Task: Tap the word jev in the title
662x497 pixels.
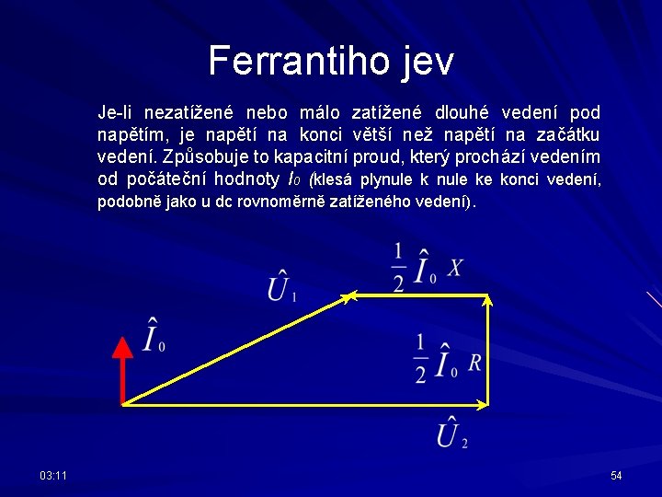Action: pos(427,62)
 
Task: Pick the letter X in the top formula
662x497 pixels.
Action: pos(455,268)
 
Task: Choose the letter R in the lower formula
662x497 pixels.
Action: pos(474,362)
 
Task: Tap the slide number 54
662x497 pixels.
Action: pos(616,475)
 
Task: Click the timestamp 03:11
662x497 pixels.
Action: pos(53,475)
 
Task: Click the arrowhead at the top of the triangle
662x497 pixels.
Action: pos(348,296)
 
